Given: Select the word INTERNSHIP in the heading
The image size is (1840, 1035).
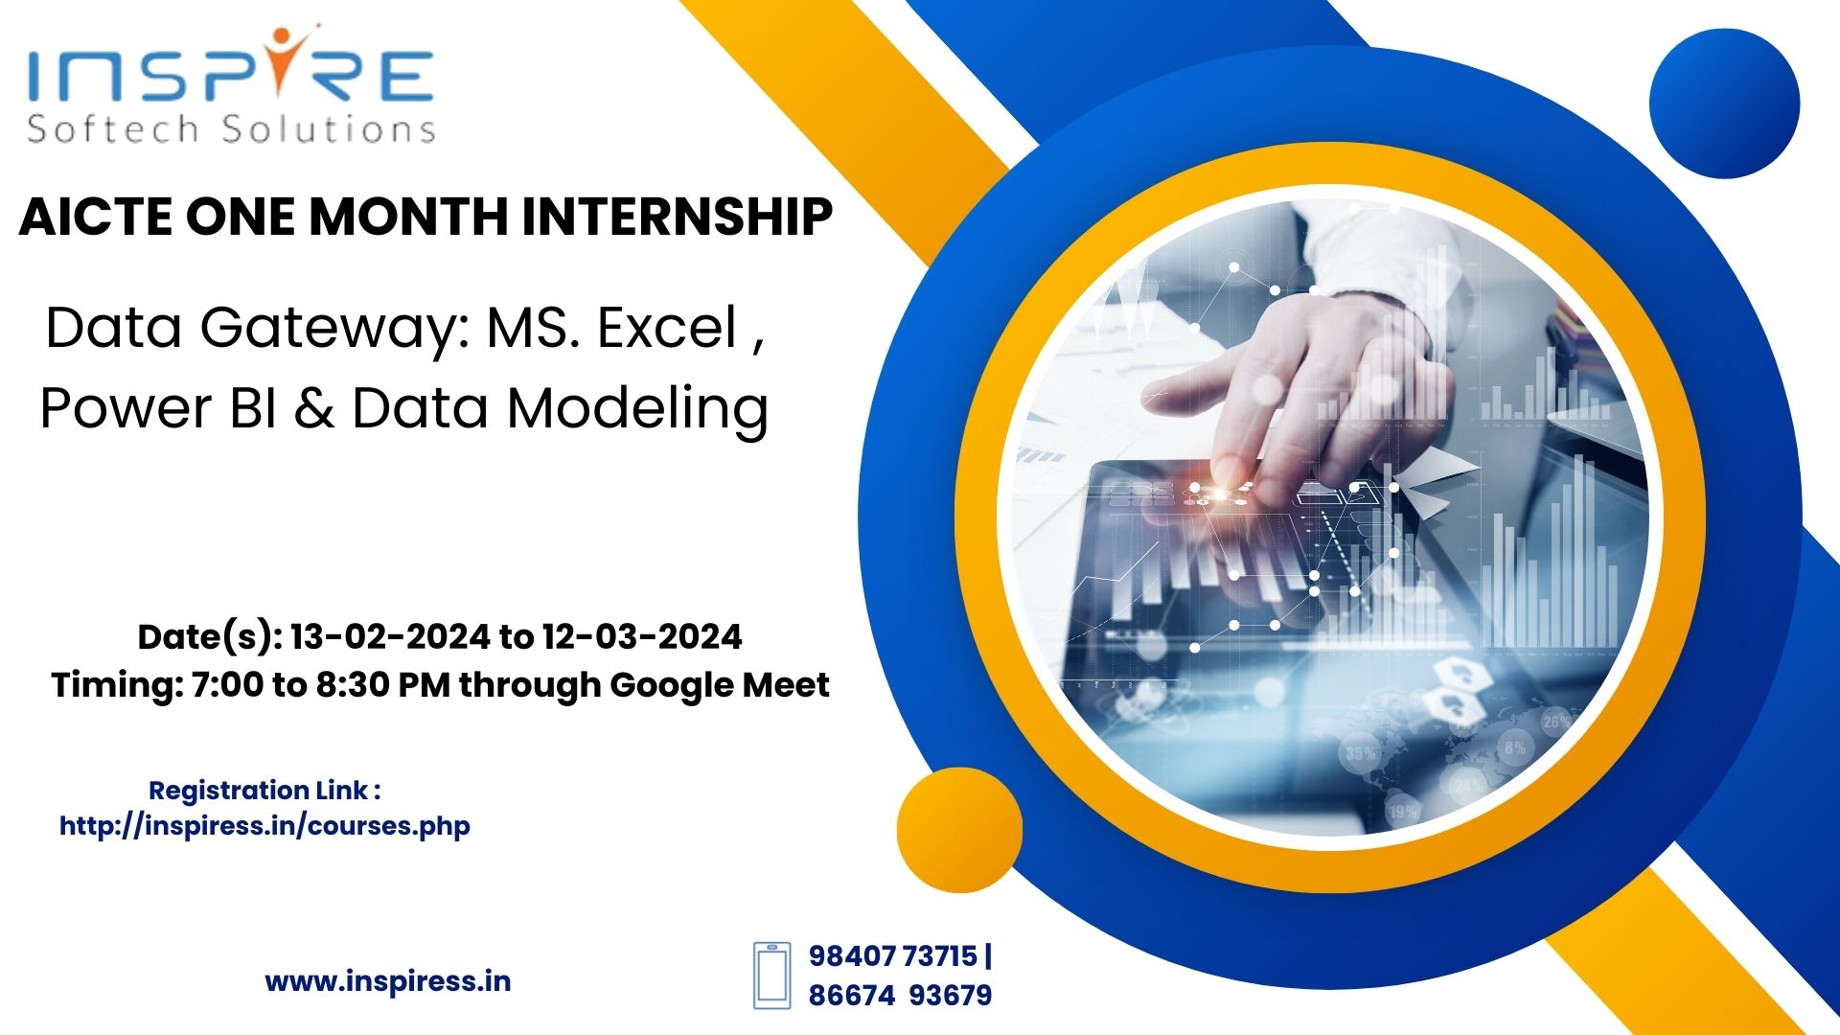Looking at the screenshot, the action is pyautogui.click(x=677, y=216).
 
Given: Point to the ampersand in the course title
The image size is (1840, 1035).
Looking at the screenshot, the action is pyautogui.click(x=313, y=408).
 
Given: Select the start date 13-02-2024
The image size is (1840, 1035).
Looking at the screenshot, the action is pyautogui.click(x=393, y=636).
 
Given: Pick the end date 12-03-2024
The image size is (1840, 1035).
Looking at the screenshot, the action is pyautogui.click(x=642, y=636).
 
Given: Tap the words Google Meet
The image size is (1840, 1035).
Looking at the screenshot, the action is pyautogui.click(x=720, y=685).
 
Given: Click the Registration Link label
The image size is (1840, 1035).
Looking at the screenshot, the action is pyautogui.click(x=264, y=791).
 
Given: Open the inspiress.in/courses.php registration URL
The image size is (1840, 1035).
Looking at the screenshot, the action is pyautogui.click(x=264, y=826).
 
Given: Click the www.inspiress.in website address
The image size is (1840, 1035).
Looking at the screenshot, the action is pyautogui.click(x=388, y=981).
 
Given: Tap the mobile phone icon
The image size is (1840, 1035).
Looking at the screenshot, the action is pyautogui.click(x=771, y=976).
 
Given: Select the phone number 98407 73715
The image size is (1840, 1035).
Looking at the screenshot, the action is pyautogui.click(x=893, y=956).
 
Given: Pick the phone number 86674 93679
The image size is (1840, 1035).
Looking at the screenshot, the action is pyautogui.click(x=901, y=996).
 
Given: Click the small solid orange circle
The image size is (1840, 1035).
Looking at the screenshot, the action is pyautogui.click(x=959, y=830).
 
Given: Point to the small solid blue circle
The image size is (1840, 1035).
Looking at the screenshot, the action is pyautogui.click(x=1724, y=103).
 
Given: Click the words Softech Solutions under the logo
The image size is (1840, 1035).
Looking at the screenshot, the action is pyautogui.click(x=232, y=128).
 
